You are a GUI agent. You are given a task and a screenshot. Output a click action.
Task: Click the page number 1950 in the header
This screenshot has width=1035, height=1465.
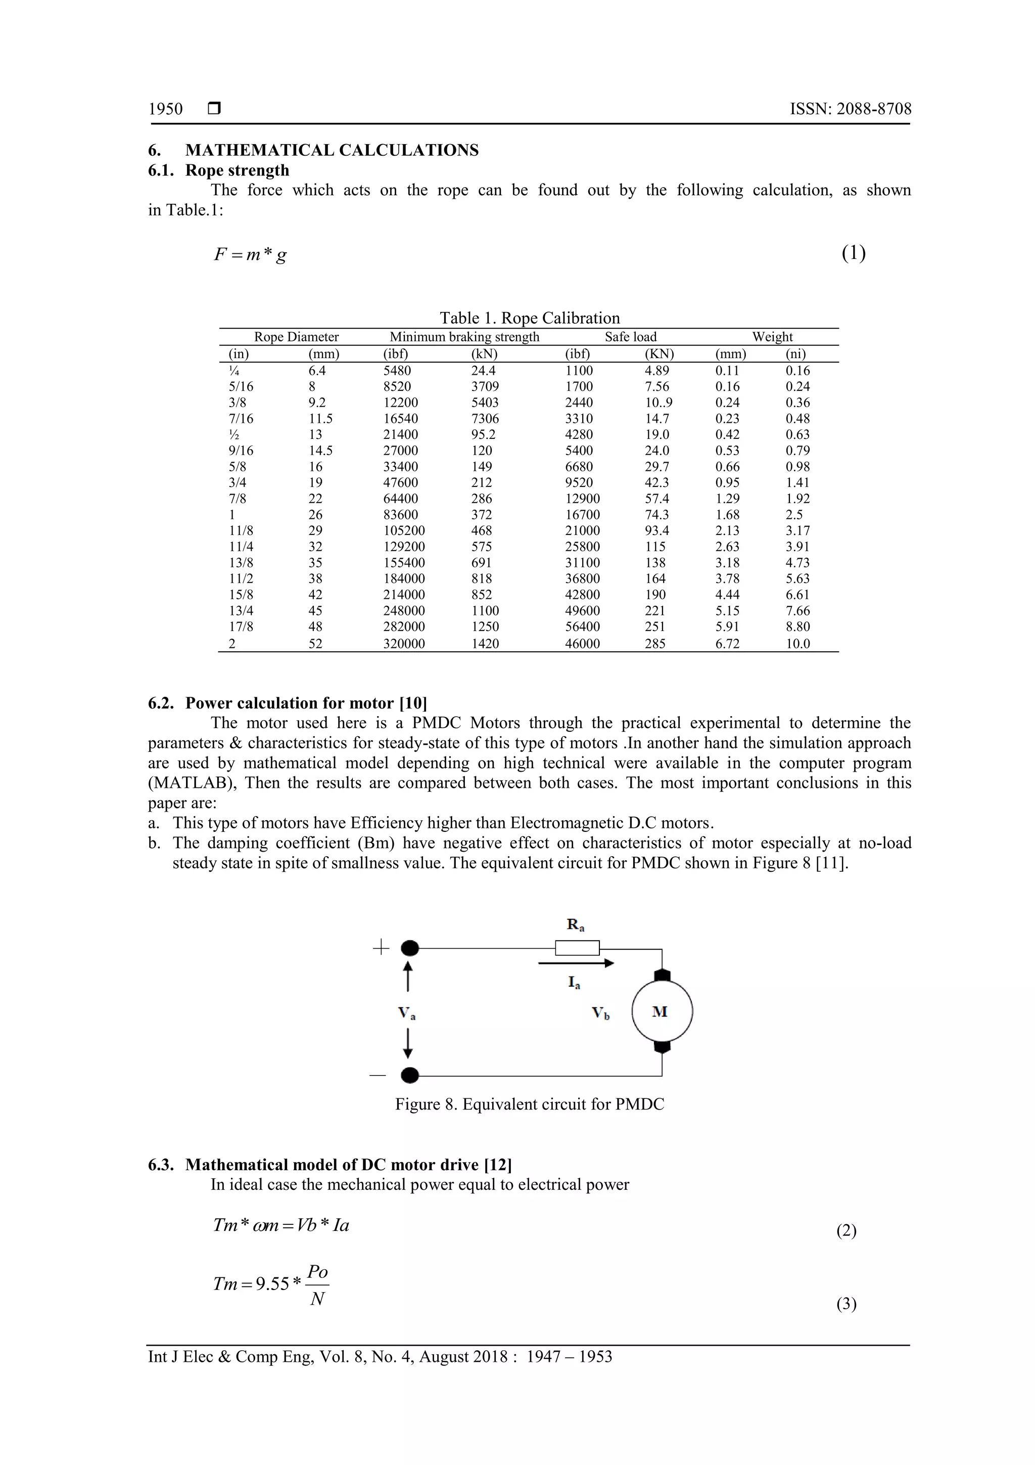click(x=165, y=109)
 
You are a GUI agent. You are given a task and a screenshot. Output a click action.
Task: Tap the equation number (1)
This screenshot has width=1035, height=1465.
click(x=853, y=253)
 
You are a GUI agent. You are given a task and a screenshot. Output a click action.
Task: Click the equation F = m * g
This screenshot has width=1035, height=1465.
click(x=250, y=254)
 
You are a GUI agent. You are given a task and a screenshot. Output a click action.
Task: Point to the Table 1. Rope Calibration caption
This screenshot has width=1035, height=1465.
click(x=529, y=318)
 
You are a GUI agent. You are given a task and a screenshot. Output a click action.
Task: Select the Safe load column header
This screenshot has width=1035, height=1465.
click(x=630, y=337)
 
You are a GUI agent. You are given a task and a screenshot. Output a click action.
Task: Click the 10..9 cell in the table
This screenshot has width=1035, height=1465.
click(x=659, y=403)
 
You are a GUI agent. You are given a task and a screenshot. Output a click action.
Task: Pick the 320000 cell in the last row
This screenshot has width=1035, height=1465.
click(x=404, y=644)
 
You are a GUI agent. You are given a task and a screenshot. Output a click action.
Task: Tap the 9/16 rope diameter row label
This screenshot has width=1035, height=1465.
click(x=241, y=451)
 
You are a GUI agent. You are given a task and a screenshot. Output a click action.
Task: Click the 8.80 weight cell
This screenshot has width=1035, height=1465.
click(x=797, y=627)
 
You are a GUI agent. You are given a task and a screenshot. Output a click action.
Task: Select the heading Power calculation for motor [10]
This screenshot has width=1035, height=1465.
click(x=306, y=703)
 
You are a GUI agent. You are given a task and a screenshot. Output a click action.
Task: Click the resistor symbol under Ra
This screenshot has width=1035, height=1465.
click(x=577, y=948)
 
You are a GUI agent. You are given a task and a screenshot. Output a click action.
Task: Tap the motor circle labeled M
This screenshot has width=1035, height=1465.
click(x=662, y=1011)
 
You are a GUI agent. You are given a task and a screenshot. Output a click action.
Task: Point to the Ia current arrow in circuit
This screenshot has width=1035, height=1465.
click(x=575, y=963)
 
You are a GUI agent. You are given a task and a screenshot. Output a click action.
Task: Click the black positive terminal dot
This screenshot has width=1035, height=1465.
click(x=410, y=948)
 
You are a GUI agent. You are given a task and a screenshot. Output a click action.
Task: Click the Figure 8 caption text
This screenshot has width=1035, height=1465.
click(x=529, y=1104)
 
